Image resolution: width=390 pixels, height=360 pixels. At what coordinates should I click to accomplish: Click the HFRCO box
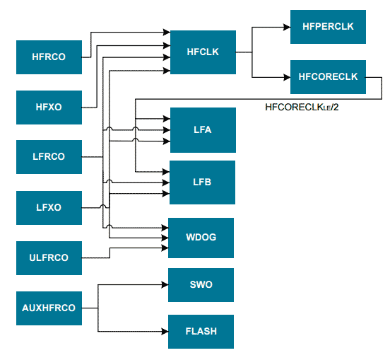[49, 57]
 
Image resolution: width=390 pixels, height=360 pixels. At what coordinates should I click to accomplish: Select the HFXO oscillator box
[49, 108]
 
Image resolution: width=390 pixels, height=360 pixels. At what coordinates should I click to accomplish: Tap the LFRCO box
[49, 157]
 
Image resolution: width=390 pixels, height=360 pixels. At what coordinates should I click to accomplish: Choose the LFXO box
[49, 208]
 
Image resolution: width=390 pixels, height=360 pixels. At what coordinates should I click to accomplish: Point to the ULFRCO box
[49, 258]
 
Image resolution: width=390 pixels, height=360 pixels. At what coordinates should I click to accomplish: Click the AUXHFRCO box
[49, 308]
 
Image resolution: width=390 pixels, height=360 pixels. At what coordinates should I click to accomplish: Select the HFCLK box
[203, 52]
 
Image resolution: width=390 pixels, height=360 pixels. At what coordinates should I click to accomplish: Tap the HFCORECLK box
[328, 77]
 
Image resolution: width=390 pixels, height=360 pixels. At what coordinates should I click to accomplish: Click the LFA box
[203, 130]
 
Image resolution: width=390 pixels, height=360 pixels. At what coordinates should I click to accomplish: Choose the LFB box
[203, 182]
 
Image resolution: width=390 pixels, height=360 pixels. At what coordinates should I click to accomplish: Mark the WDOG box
[201, 238]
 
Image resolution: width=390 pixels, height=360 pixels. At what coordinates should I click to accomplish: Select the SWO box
[201, 285]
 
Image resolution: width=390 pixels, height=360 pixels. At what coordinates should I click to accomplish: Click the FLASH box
[201, 331]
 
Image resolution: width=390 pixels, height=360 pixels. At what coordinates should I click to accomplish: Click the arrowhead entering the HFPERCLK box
[286, 28]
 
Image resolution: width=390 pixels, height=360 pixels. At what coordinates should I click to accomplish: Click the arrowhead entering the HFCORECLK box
[286, 77]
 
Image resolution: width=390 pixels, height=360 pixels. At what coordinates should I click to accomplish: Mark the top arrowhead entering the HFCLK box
[167, 33]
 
